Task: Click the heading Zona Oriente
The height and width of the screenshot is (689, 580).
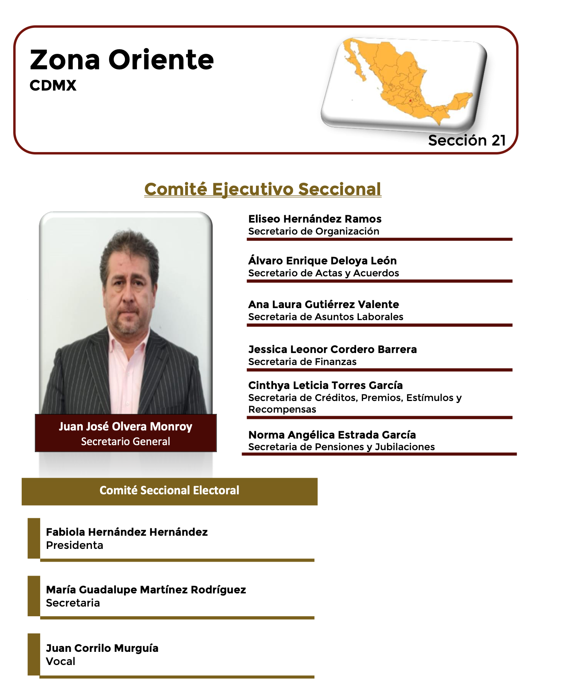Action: (122, 60)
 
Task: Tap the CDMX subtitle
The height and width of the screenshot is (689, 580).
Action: (53, 86)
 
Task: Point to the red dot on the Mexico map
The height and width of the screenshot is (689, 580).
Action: (411, 100)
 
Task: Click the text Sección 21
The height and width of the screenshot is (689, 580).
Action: (467, 140)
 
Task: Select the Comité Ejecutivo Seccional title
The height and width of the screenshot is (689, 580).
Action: (263, 189)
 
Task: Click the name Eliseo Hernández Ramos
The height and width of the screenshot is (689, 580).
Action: (315, 219)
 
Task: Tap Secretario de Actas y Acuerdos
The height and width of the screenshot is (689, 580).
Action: (324, 273)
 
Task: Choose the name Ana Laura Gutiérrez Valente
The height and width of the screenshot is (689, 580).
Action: (324, 304)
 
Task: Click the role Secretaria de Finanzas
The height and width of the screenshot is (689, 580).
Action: (302, 362)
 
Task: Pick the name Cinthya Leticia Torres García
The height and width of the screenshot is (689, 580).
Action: (326, 385)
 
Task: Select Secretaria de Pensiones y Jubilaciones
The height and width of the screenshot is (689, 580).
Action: (341, 447)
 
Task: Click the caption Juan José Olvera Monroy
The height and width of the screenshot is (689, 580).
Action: (126, 427)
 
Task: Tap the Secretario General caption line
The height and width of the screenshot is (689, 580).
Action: (126, 441)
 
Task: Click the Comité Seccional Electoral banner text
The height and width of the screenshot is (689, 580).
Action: (169, 490)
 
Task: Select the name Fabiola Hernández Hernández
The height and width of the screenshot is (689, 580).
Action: (127, 532)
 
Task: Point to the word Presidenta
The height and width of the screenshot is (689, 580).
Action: (75, 545)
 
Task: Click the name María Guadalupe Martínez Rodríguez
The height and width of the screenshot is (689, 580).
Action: (146, 590)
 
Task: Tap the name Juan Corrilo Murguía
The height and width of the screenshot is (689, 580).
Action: (102, 648)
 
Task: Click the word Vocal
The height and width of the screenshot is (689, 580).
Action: (61, 661)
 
